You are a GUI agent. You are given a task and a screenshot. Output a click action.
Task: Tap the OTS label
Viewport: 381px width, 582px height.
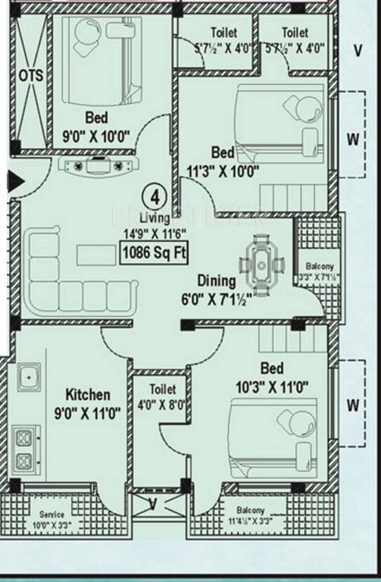click(x=31, y=76)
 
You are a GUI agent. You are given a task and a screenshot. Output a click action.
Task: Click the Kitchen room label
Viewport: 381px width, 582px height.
click(x=88, y=395)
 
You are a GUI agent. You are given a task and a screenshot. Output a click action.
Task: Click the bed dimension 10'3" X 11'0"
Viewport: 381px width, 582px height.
click(x=272, y=386)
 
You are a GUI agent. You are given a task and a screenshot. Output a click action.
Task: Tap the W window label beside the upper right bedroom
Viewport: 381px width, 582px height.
click(x=352, y=139)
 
